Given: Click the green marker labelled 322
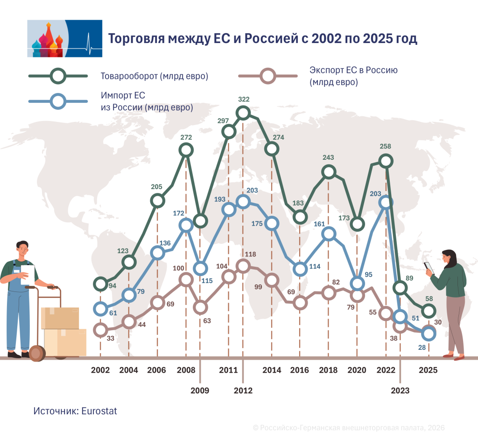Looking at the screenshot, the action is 243,113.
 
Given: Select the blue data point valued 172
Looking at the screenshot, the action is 186,226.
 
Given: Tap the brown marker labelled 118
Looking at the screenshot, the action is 243,266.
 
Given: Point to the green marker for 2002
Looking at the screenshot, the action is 100,284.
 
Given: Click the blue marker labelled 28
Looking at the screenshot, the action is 429,334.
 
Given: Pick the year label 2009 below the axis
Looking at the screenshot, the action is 200,390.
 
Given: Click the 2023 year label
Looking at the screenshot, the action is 400,390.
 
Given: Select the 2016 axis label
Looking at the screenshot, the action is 299,370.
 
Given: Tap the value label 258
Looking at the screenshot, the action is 385,147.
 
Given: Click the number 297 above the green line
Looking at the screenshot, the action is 223,121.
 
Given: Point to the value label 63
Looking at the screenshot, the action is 207,321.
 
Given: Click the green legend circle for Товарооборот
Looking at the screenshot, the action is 58,76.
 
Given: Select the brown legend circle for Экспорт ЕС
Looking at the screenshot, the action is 267,76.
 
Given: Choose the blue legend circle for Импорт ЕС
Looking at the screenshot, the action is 58,101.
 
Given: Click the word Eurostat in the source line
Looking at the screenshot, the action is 99,411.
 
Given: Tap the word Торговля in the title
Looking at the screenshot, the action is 137,39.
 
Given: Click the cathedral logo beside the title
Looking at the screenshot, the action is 64,38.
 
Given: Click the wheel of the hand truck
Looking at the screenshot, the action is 37,353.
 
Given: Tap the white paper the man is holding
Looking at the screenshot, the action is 27,275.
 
